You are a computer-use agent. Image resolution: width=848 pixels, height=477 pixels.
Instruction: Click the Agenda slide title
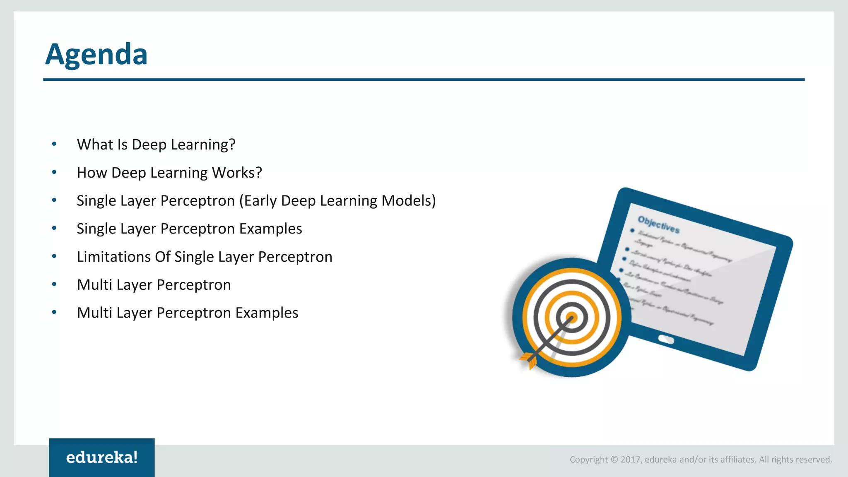tap(96, 54)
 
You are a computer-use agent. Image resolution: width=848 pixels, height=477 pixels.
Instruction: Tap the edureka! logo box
tap(102, 457)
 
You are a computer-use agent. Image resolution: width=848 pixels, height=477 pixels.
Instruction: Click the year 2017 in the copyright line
tap(631, 460)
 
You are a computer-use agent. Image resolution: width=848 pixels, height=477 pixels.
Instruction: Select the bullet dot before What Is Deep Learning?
tap(54, 144)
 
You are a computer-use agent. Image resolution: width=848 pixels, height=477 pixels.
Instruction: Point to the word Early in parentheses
tap(260, 201)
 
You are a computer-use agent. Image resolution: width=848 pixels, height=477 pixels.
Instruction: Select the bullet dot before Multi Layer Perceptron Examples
tap(54, 313)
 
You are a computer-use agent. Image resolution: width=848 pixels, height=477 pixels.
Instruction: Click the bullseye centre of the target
tap(571, 318)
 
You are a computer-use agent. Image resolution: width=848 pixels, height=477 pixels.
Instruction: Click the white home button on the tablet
tap(666, 340)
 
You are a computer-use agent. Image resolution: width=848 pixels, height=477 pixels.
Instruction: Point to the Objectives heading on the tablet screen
tap(658, 224)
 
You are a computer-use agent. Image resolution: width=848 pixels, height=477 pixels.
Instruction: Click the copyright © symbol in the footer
tap(614, 460)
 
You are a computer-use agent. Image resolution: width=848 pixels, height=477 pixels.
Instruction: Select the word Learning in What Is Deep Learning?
tap(203, 145)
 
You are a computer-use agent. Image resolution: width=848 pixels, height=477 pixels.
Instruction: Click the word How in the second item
tap(92, 173)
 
